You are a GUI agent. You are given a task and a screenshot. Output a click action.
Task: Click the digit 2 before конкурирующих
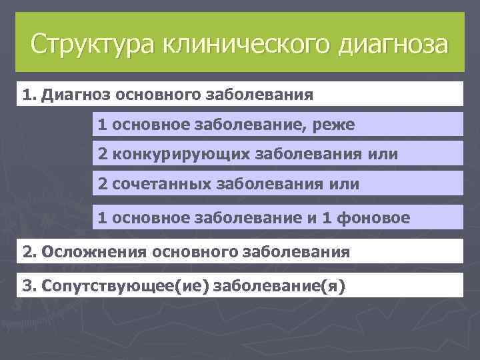103,155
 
